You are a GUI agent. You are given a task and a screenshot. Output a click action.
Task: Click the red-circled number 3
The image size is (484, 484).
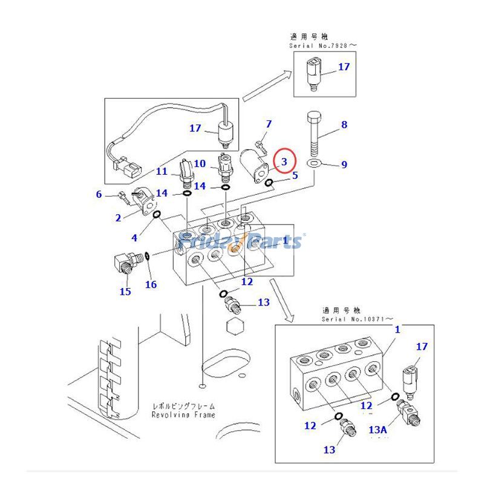click(x=284, y=161)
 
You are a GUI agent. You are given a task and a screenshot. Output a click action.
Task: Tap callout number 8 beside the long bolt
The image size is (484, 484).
click(x=344, y=125)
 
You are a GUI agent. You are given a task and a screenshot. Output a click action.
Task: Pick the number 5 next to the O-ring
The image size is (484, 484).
click(x=295, y=175)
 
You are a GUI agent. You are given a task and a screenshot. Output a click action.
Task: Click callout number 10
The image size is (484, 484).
click(x=200, y=163)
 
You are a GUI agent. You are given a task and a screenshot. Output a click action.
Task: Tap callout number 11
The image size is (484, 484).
click(x=162, y=171)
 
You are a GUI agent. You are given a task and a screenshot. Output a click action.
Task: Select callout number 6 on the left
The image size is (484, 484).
click(x=99, y=194)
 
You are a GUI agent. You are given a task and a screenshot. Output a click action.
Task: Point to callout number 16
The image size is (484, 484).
click(x=151, y=284)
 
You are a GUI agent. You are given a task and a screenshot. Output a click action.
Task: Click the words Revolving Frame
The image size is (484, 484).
click(x=183, y=415)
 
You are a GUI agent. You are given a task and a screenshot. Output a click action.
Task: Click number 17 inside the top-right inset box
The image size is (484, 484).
click(x=344, y=67)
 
